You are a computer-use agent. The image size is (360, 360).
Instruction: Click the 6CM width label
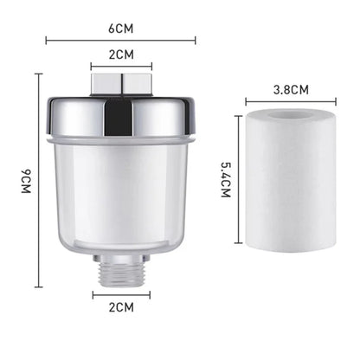pyautogui.click(x=120, y=27)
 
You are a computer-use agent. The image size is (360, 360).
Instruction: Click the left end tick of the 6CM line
pyautogui.click(x=46, y=40)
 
